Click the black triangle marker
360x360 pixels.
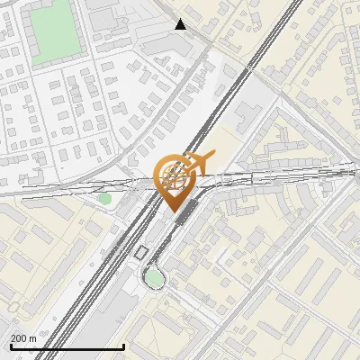[180, 24]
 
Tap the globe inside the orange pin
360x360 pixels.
[175, 175]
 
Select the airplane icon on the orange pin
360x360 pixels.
[201, 162]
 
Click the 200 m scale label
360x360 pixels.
[23, 338]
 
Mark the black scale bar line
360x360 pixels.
[67, 346]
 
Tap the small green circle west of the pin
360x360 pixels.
[105, 198]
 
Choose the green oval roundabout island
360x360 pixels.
[154, 278]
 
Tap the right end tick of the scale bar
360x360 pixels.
[122, 346]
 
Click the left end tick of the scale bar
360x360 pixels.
[11, 346]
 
